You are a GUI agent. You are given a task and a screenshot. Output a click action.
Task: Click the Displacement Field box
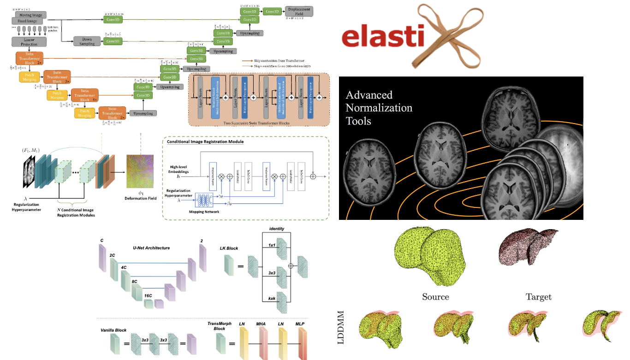click(x=299, y=11)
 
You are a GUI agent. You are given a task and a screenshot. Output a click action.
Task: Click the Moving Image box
click(x=30, y=15)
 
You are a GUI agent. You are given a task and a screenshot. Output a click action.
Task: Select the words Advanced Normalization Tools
click(x=379, y=108)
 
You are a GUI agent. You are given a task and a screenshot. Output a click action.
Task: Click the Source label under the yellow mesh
click(x=435, y=297)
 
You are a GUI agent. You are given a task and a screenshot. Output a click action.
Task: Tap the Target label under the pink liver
click(x=538, y=297)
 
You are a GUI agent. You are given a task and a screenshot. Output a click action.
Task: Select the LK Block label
click(x=229, y=248)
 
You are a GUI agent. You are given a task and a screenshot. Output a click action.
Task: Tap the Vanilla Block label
click(x=114, y=330)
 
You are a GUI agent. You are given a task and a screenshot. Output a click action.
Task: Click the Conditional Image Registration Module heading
click(x=205, y=142)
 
